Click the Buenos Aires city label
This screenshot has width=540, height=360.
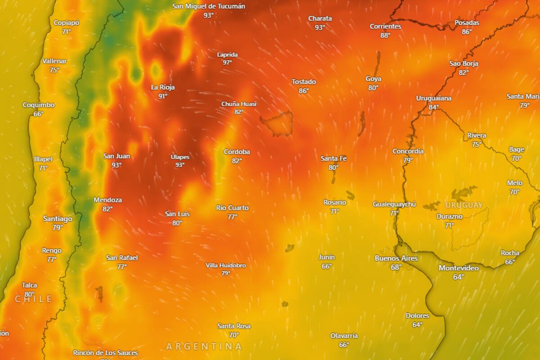(x=396, y=258)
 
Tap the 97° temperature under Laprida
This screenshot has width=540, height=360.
(x=227, y=63)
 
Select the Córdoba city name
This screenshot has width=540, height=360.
(x=237, y=152)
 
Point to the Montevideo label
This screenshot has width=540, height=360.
(x=459, y=268)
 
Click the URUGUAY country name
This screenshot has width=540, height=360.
(x=464, y=205)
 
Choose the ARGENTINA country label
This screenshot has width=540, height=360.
(x=204, y=346)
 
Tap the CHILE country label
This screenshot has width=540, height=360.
(x=34, y=299)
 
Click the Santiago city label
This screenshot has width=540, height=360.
(x=57, y=219)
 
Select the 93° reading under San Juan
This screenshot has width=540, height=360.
(x=117, y=165)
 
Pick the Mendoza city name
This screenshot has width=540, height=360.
(x=108, y=200)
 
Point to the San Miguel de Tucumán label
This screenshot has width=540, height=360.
(x=209, y=6)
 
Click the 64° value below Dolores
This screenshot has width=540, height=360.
(x=417, y=324)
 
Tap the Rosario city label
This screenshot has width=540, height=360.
(x=335, y=202)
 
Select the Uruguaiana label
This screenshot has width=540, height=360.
(x=433, y=99)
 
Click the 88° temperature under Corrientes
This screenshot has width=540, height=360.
(x=385, y=35)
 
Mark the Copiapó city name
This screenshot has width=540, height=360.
(x=67, y=23)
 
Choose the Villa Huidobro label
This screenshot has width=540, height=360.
(x=226, y=265)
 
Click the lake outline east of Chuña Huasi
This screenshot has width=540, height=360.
(x=276, y=123)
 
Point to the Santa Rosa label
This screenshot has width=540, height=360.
(x=234, y=326)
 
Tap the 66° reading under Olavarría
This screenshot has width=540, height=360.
(x=344, y=345)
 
